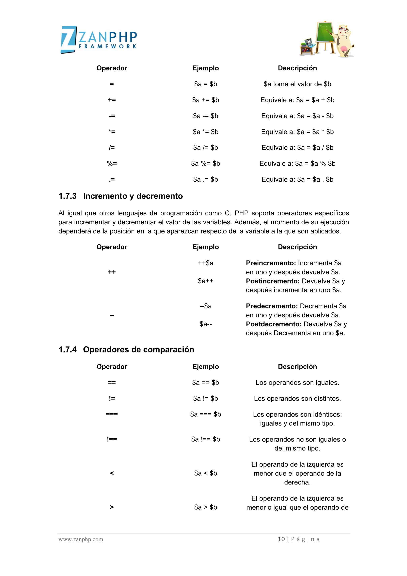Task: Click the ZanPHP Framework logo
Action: (99, 39)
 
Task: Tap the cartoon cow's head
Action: (343, 30)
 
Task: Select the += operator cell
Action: (112, 100)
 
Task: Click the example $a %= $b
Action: (205, 163)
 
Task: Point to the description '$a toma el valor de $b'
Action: (297, 84)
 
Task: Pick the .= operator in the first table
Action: (112, 179)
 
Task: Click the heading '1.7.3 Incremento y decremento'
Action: (121, 196)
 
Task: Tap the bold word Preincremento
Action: (271, 263)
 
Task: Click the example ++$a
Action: (205, 263)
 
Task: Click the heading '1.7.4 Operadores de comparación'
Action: (126, 349)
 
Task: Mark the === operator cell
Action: (112, 414)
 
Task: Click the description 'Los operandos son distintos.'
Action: (297, 399)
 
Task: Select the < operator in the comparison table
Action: (112, 473)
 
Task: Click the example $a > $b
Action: (205, 507)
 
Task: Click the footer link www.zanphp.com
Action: (81, 539)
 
